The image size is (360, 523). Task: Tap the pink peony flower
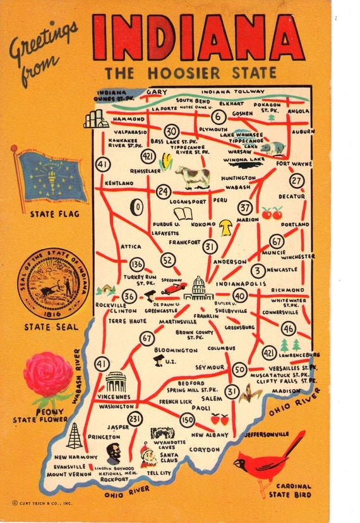tap(48, 375)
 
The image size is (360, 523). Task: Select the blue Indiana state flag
tap(51, 176)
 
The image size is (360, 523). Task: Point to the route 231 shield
tap(135, 419)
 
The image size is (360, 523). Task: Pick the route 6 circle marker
tap(219, 117)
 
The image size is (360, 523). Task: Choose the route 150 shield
tap(187, 419)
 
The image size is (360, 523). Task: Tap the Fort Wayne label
tap(293, 164)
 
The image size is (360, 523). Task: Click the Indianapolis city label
tap(241, 284)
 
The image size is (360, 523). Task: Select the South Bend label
tap(193, 100)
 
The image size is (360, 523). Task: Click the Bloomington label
tap(176, 350)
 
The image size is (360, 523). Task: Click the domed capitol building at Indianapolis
tap(198, 288)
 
